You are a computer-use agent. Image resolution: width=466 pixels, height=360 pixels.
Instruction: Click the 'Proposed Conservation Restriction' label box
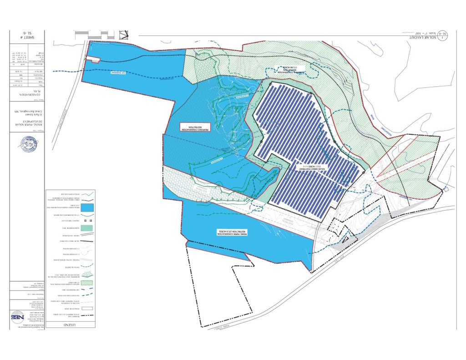click(194, 127)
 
